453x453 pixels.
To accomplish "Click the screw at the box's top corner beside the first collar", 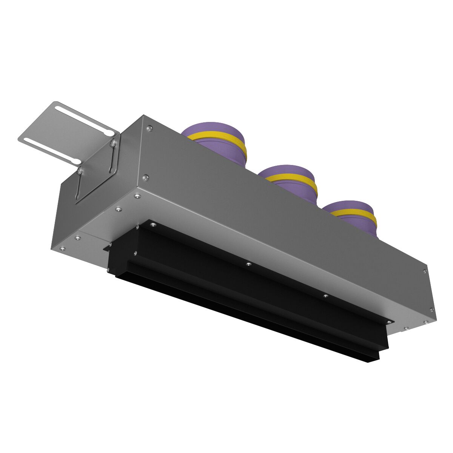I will (150, 128).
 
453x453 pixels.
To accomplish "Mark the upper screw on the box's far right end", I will (425, 271).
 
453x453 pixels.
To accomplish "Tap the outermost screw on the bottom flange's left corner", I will (62, 249).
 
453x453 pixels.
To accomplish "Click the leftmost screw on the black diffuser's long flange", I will (153, 225).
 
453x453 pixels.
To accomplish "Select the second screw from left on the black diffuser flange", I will (248, 264).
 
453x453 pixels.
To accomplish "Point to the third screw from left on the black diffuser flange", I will (325, 296).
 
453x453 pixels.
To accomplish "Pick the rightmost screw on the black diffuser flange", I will (388, 321).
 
